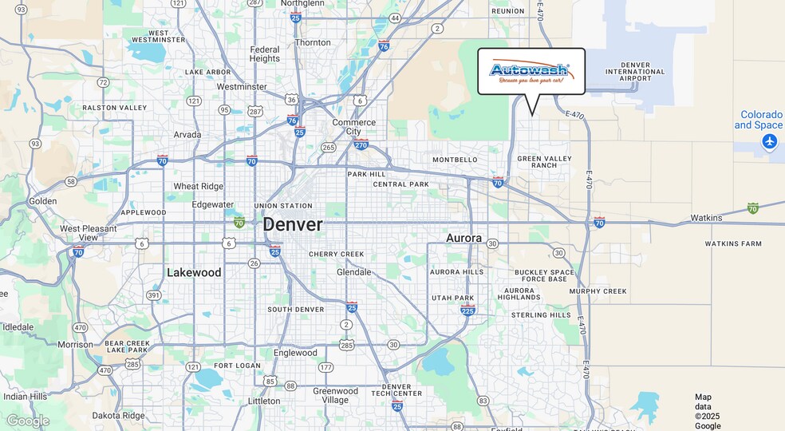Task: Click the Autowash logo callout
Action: [531, 71]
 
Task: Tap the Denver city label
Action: [293, 225]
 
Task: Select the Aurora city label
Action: [464, 238]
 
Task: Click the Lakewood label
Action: [194, 273]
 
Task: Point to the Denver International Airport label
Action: [635, 72]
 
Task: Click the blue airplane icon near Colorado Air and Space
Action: [769, 141]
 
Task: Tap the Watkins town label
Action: [706, 218]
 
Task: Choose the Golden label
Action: [43, 201]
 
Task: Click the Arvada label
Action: [188, 134]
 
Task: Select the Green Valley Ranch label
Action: [545, 162]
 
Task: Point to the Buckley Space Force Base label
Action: [544, 275]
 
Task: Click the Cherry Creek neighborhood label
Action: [336, 255]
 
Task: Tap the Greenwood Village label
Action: [335, 396]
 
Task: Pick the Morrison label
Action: [75, 345]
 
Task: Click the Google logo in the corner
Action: [28, 421]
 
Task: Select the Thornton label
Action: [313, 42]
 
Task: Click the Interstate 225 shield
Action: [468, 310]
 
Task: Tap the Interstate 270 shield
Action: [361, 144]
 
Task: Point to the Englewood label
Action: [295, 353]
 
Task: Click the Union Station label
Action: [283, 206]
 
